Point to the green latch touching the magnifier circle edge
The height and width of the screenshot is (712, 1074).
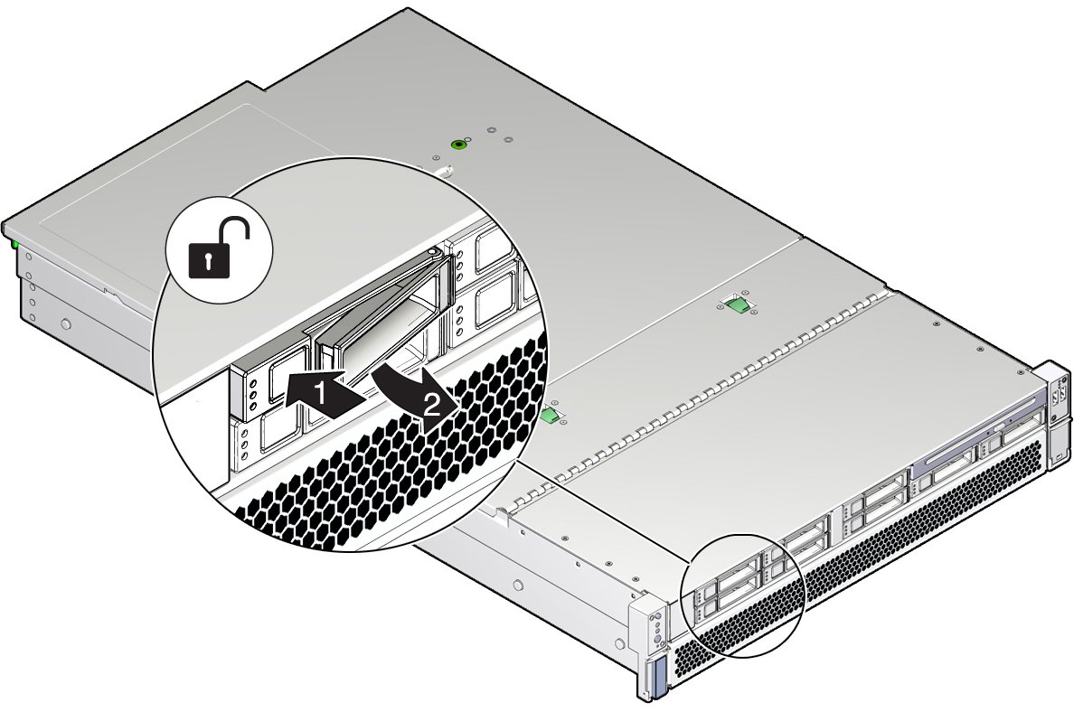(x=549, y=414)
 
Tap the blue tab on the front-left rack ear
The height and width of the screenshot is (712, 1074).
(x=657, y=673)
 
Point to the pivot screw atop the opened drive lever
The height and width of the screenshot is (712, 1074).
(x=438, y=252)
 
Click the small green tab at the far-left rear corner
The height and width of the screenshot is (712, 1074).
(x=15, y=242)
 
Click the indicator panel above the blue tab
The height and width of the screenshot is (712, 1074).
(x=656, y=624)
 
